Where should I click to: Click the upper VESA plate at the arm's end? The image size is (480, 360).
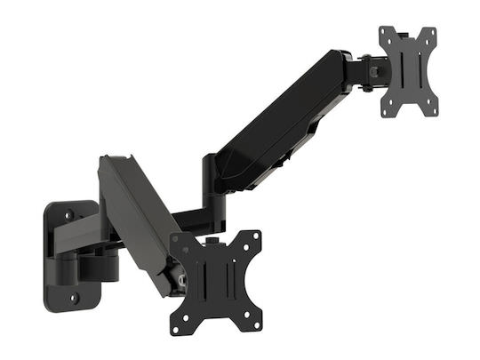pos(410,71)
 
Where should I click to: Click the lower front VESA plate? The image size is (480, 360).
pos(216,283)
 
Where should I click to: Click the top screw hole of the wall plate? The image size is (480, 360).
pos(68,212)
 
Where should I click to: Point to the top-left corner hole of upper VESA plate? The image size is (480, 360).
pos(386,34)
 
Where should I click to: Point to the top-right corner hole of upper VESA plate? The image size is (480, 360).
pos(431,33)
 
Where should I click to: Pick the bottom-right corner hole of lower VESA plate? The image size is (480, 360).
pos(257,328)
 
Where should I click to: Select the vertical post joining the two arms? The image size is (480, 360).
pos(211,182)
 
